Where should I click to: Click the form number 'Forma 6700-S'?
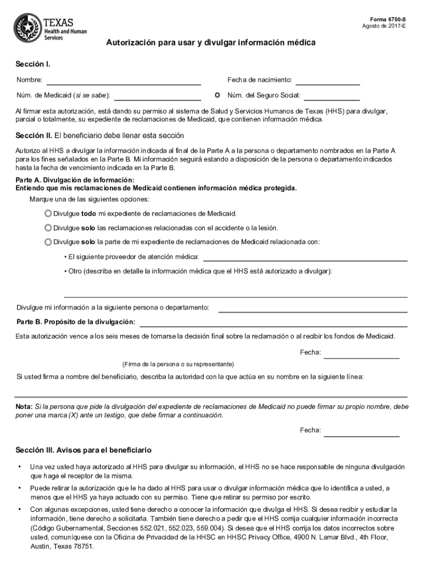(x=392, y=19)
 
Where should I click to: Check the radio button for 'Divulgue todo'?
(x=48, y=213)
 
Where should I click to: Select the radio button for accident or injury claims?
(x=48, y=227)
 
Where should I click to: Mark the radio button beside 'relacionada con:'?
(x=48, y=241)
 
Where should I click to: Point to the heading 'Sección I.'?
(x=33, y=65)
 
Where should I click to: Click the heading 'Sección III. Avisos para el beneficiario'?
(x=84, y=450)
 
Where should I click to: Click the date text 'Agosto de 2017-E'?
(x=385, y=26)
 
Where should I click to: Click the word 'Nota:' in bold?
(x=24, y=406)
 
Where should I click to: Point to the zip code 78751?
(x=83, y=547)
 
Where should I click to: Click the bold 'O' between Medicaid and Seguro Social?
(x=218, y=95)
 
